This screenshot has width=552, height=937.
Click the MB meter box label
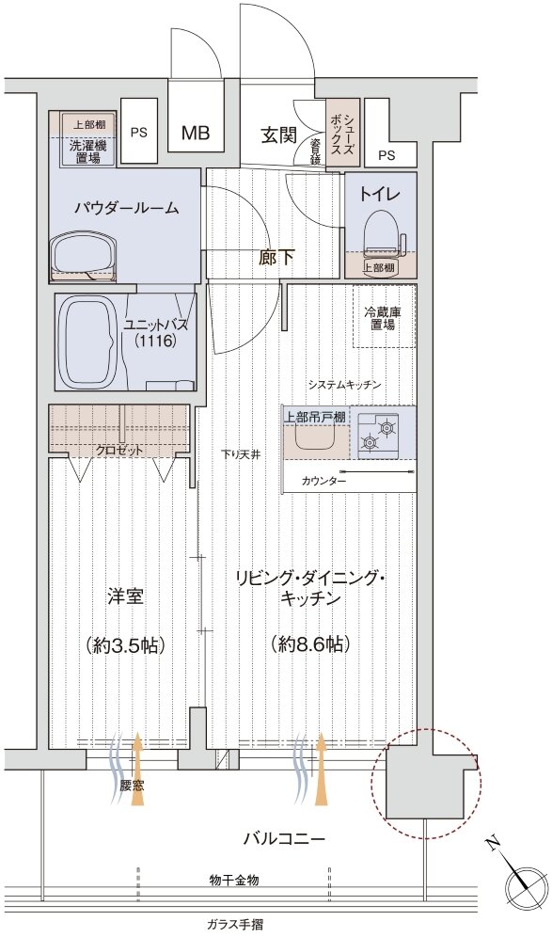196,133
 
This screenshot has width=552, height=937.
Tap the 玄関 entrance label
278,135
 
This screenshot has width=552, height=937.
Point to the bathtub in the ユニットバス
88,341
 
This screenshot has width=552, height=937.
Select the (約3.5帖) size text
125,644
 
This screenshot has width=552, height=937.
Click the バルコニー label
284,839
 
